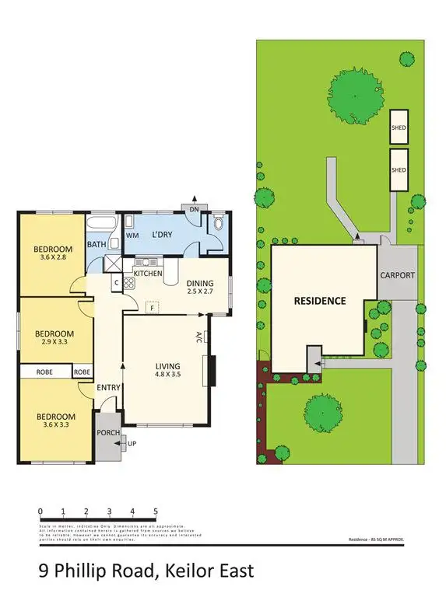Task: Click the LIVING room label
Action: pyautogui.click(x=167, y=366)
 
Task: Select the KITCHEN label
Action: pyautogui.click(x=148, y=274)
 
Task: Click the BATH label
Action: pyautogui.click(x=97, y=245)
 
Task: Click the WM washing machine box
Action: pyautogui.click(x=132, y=234)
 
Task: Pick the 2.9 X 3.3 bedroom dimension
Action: pyautogui.click(x=54, y=343)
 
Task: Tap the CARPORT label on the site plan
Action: pyautogui.click(x=397, y=275)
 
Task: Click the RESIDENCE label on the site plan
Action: pyautogui.click(x=319, y=300)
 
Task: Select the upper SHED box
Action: pyautogui.click(x=399, y=127)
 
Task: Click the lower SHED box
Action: pyautogui.click(x=399, y=170)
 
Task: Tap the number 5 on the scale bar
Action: pyautogui.click(x=156, y=511)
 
